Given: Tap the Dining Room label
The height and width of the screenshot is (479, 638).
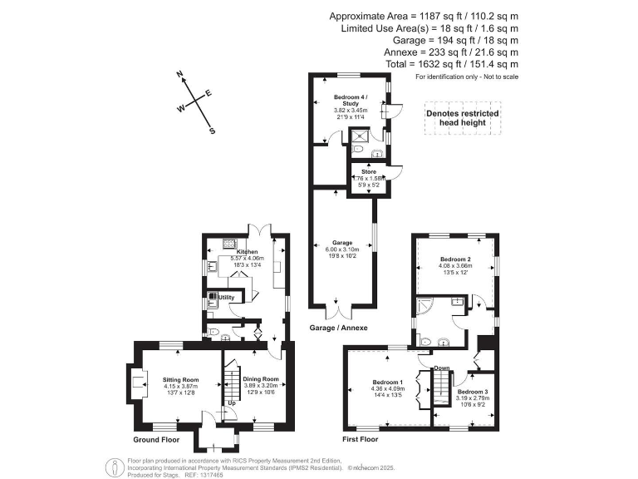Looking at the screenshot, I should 260,379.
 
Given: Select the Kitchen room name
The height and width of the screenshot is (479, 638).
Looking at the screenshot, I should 248,251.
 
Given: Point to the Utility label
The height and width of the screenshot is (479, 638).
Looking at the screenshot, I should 227,297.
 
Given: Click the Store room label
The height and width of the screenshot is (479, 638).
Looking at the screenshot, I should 368,171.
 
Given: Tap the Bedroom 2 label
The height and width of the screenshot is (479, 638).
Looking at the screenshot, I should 455,259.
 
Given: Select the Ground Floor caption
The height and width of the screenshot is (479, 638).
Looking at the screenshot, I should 156,439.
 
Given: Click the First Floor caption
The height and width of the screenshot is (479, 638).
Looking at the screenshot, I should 361,439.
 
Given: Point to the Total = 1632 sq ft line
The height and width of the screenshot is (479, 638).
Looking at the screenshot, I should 452,64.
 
